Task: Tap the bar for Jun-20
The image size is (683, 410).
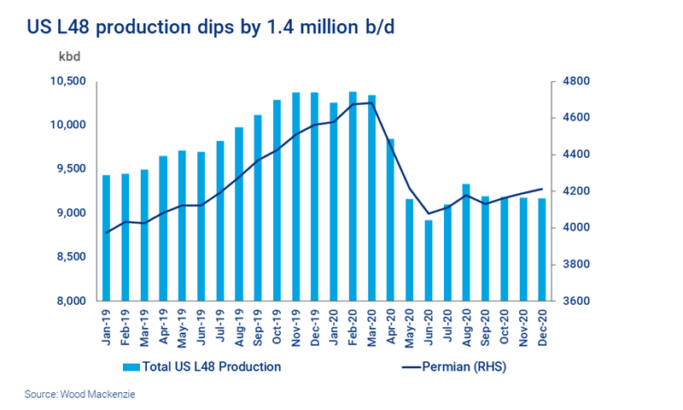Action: tap(429, 261)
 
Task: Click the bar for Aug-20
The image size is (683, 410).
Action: tap(466, 243)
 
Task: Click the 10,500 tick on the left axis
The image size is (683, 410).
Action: tap(69, 82)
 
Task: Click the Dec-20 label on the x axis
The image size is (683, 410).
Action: tap(542, 326)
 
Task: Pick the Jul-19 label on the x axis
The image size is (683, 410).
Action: tap(219, 326)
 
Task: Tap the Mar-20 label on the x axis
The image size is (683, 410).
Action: tap(371, 326)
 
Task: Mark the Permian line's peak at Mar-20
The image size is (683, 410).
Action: tap(371, 102)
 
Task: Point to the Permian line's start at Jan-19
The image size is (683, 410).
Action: tap(106, 232)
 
